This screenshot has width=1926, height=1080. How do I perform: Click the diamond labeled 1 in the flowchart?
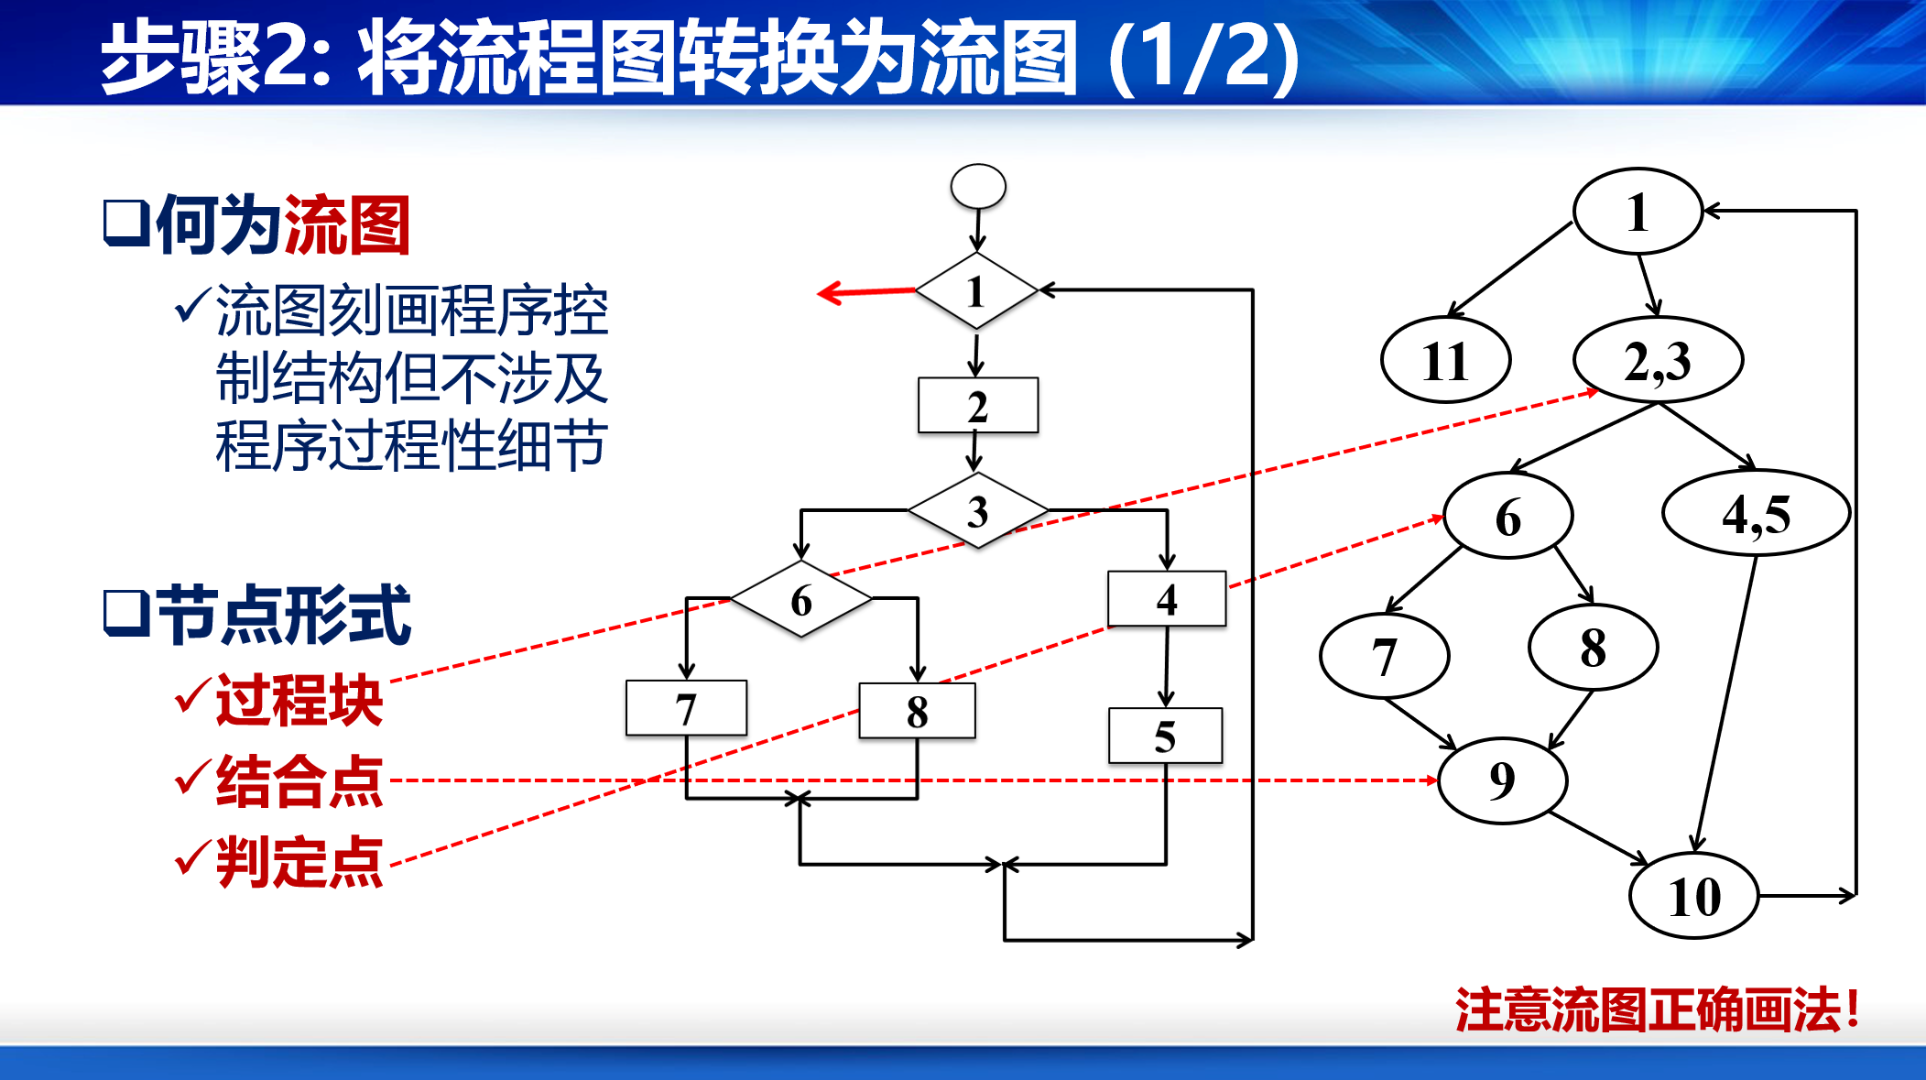point(976,291)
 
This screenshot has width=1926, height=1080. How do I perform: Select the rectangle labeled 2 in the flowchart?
point(978,405)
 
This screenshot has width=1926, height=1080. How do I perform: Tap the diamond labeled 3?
point(978,510)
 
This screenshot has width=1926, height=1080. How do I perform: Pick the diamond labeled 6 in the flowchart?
point(801,600)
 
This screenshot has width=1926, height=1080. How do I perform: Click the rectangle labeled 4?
point(1167,599)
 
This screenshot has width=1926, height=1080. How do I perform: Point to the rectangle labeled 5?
point(1165,736)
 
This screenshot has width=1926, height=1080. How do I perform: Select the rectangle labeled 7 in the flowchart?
point(686,708)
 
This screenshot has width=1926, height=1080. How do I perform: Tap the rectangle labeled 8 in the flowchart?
point(917,711)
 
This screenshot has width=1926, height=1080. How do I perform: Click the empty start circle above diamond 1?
point(978,186)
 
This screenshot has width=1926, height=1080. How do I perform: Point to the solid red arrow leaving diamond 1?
point(865,292)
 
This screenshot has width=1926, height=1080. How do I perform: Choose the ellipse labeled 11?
point(1445,360)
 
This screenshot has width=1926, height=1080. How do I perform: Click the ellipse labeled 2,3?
point(1658,360)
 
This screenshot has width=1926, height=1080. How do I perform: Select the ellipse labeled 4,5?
point(1756,513)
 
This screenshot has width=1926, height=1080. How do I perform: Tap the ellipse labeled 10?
point(1694,895)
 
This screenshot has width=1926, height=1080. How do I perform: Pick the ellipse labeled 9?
point(1502,780)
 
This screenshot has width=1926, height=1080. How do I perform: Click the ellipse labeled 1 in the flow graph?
point(1638,212)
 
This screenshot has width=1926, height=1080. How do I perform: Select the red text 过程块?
point(299,701)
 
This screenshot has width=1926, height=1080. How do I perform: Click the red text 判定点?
point(299,862)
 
